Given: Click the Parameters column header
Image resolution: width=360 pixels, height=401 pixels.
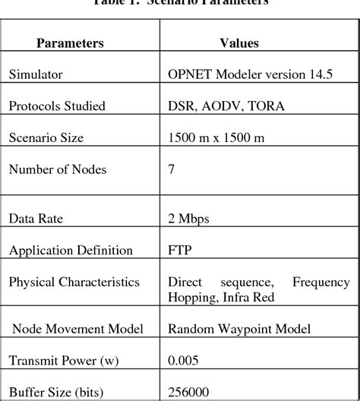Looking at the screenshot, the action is click(x=70, y=43).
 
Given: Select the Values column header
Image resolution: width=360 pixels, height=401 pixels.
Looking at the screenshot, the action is click(x=238, y=43).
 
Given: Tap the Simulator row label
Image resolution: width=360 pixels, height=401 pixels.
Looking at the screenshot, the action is click(x=36, y=74).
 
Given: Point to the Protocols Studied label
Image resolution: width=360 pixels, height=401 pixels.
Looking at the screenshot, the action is click(x=56, y=106).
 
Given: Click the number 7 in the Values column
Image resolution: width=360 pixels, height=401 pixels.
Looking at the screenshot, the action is click(x=172, y=169).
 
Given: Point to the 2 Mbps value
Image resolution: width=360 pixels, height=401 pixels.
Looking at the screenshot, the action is click(x=189, y=219).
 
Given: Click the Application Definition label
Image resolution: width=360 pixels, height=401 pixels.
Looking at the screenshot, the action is click(x=71, y=250).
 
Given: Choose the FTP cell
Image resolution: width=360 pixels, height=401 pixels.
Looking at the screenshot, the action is click(x=180, y=250).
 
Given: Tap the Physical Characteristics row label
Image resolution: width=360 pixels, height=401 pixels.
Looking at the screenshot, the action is click(x=74, y=282).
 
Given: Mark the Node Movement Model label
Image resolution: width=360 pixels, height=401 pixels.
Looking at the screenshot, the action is click(x=69, y=329).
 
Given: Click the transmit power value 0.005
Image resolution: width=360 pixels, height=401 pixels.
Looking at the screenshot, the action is click(x=183, y=362).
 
